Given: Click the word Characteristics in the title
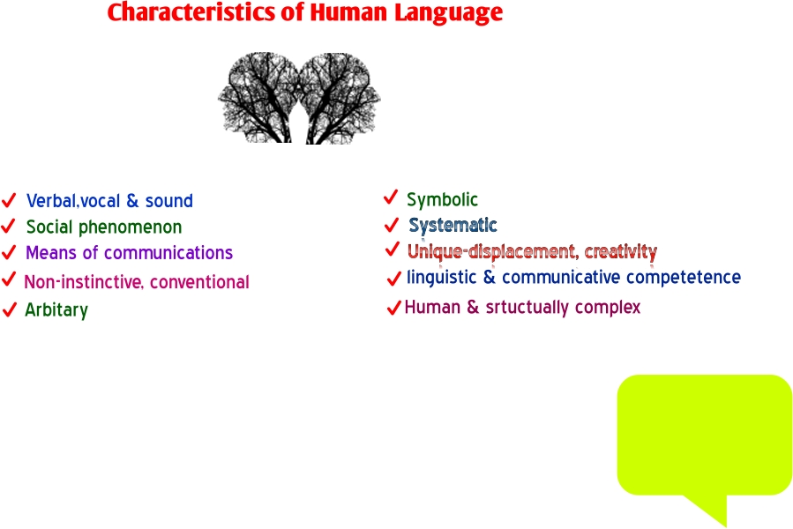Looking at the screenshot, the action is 191,12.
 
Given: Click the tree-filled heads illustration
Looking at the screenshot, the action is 299,98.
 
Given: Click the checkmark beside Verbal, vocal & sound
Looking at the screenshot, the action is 9,200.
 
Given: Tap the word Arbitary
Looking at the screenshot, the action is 56,309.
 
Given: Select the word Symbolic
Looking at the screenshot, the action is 442,200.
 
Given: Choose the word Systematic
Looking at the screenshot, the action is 453,225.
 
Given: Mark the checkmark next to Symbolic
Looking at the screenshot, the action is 391,197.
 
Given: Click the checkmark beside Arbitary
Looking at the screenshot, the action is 9,309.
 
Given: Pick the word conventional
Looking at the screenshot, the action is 199,282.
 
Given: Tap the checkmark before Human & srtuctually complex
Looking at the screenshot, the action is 393,308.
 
